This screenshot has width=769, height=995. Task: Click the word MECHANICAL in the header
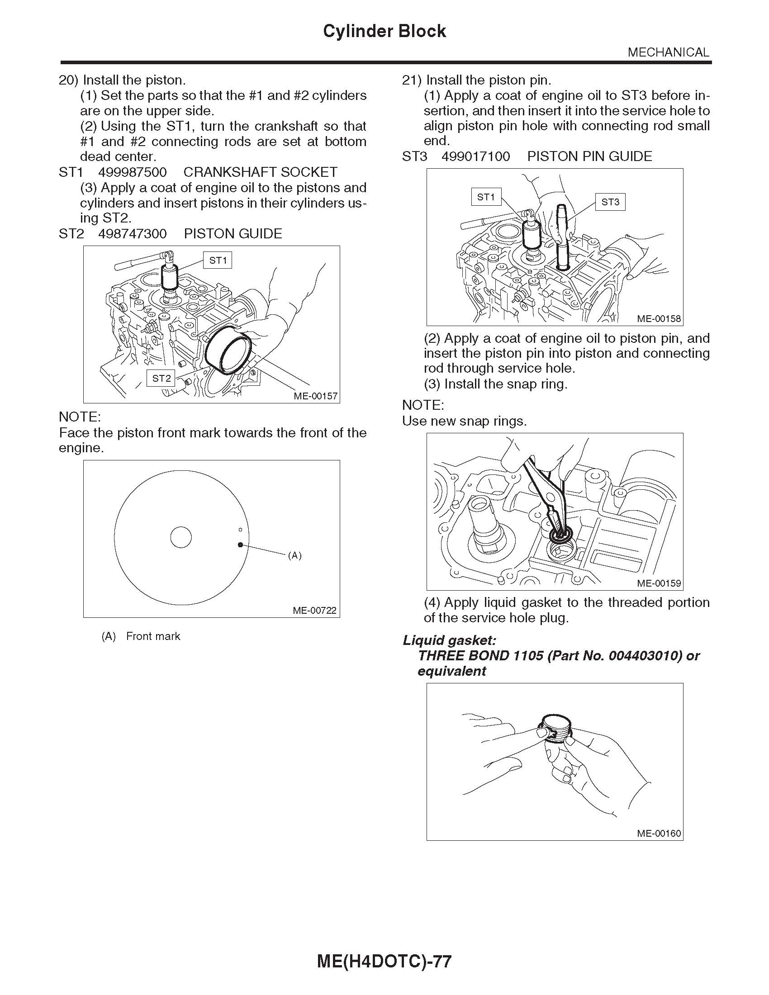668,52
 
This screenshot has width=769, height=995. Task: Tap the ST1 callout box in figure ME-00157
218,261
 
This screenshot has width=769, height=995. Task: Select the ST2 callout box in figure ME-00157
161,378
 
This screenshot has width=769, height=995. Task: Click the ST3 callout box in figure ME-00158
610,202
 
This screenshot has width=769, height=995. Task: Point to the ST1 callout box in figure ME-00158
486,197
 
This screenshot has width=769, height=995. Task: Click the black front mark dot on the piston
240,545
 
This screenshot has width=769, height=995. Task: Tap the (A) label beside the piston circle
295,555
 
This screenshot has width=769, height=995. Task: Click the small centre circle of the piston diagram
181,538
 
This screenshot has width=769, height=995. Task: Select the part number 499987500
133,172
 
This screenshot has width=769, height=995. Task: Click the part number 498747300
133,234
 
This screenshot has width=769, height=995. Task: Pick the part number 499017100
475,157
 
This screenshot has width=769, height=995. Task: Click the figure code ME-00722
314,611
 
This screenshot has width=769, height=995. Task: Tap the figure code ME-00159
659,583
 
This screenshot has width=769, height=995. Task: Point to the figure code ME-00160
659,834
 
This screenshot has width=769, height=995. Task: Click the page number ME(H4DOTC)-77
384,961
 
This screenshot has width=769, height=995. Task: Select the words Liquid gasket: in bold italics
449,640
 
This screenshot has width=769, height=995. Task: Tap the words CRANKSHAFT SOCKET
260,172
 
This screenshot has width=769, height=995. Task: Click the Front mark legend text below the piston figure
152,636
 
